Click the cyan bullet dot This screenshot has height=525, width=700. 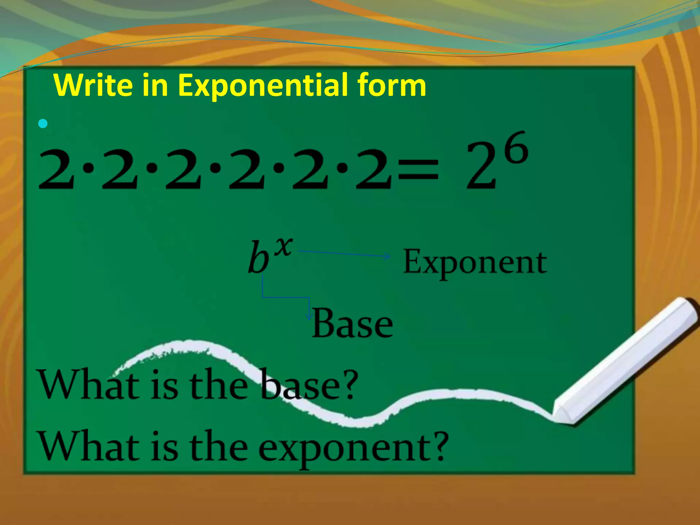pyautogui.click(x=43, y=124)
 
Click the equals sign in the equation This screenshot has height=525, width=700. pyautogui.click(x=419, y=170)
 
